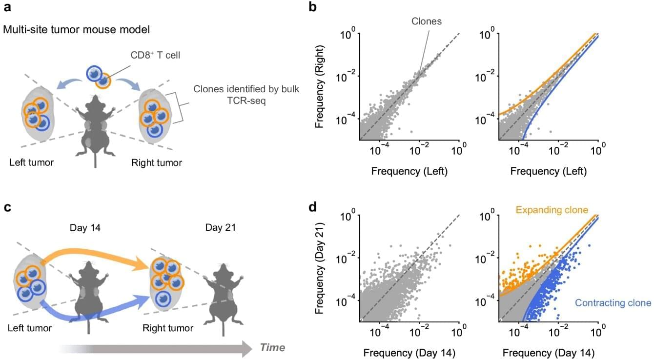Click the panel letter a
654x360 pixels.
coord(7,8)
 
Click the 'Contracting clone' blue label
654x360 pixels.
coord(613,303)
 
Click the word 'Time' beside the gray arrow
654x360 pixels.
coord(272,348)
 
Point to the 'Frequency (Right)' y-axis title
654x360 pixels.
coord(321,85)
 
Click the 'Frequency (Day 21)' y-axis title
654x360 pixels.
coord(321,267)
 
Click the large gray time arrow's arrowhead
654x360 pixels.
coord(244,348)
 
